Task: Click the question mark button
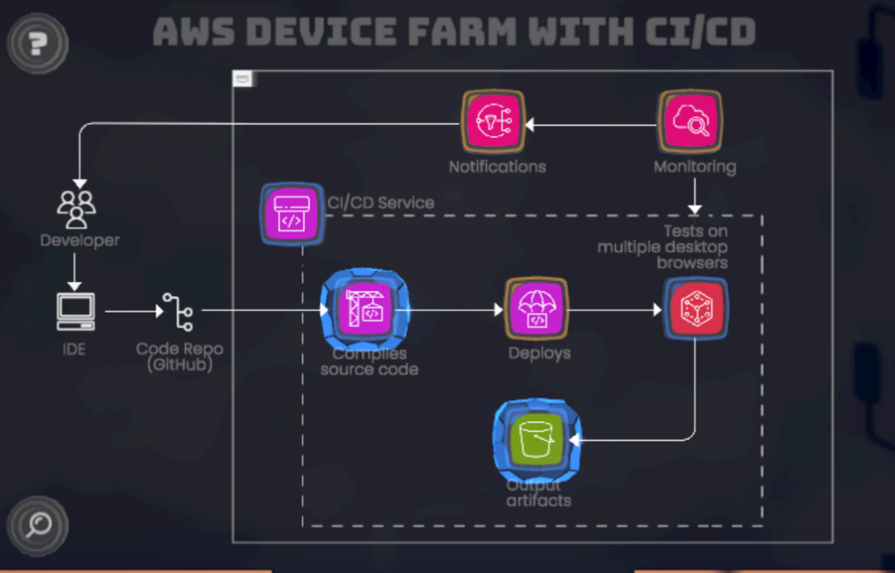pyautogui.click(x=37, y=42)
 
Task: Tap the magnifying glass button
pyautogui.click(x=37, y=525)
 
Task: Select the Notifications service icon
pyautogui.click(x=493, y=122)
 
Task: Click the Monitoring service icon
pyautogui.click(x=690, y=122)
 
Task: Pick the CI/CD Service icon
pyautogui.click(x=292, y=215)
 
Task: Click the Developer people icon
pyautogui.click(x=77, y=208)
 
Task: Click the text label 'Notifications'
pyautogui.click(x=497, y=167)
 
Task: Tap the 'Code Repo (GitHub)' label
pyautogui.click(x=180, y=356)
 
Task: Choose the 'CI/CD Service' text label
pyautogui.click(x=381, y=203)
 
